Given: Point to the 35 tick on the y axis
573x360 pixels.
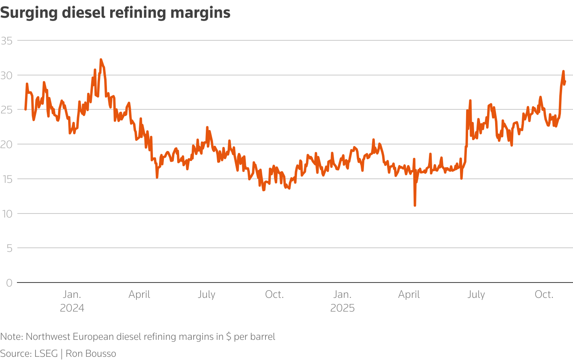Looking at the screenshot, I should pos(7,41).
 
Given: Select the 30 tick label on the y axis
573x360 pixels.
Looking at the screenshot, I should pos(7,75).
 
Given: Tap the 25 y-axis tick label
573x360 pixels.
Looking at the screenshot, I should pos(7,110).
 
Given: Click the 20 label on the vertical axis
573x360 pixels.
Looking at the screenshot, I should pos(7,144).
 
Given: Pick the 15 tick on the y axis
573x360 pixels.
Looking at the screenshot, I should pos(7,179).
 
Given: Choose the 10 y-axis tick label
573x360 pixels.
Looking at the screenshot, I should pos(7,213).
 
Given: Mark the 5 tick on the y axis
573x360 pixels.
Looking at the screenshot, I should pos(9,248).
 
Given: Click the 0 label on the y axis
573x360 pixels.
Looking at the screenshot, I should pos(9,283).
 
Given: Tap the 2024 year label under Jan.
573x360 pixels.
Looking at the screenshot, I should pos(72,308).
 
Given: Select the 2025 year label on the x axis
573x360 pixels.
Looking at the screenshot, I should pos(342,308).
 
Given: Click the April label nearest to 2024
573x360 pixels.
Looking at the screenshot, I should pos(139,295).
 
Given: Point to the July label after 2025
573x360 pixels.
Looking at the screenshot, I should pos(476,295).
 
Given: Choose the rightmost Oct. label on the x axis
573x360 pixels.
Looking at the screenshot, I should pos(544,295).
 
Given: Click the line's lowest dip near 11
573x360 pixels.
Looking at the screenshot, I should pos(415,205).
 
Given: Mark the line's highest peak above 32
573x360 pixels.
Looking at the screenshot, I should pos(101,59).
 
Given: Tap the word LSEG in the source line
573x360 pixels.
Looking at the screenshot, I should pos(46,354).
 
